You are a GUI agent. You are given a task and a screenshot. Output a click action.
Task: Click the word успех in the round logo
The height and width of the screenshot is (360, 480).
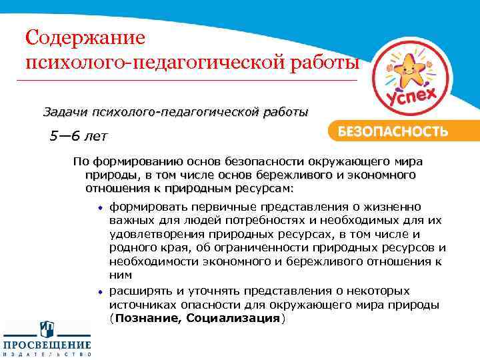411,99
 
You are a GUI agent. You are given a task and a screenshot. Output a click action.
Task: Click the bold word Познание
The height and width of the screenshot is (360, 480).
148,319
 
